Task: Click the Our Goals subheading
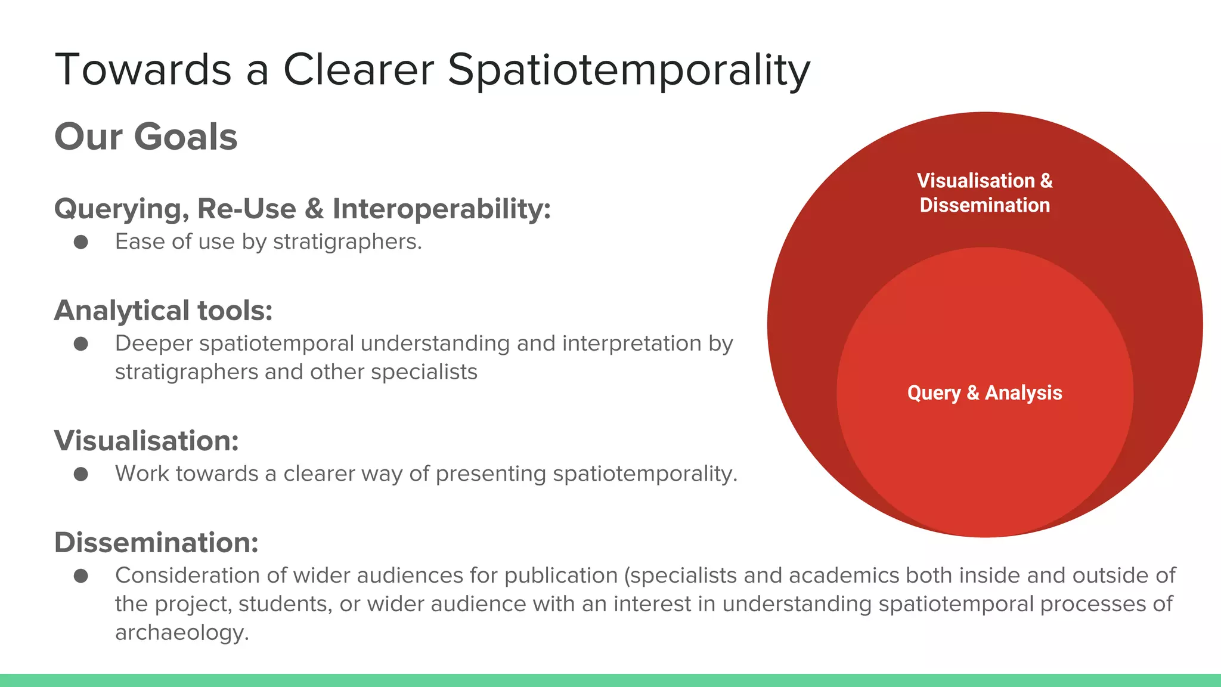pos(145,137)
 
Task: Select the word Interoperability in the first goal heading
pos(441,209)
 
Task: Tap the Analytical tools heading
pos(163,311)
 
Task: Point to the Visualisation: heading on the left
pos(146,441)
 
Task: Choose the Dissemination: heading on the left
pos(156,543)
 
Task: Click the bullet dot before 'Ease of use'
pos(81,242)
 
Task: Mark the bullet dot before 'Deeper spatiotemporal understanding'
pos(81,344)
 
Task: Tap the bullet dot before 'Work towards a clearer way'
pos(81,474)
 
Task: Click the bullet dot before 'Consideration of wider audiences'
pos(81,576)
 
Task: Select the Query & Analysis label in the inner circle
pos(984,393)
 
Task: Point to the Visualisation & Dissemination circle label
pos(984,193)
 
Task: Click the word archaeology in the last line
pos(181,633)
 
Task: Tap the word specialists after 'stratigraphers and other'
pos(424,372)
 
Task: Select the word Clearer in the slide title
pos(358,70)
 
